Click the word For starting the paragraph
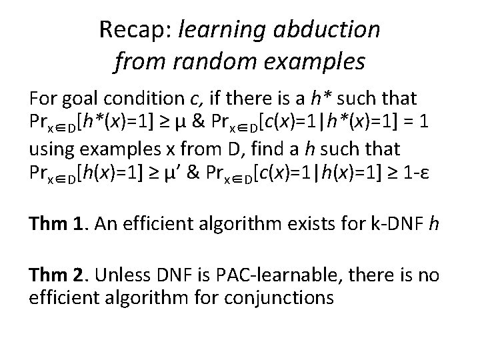[x=41, y=99]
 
